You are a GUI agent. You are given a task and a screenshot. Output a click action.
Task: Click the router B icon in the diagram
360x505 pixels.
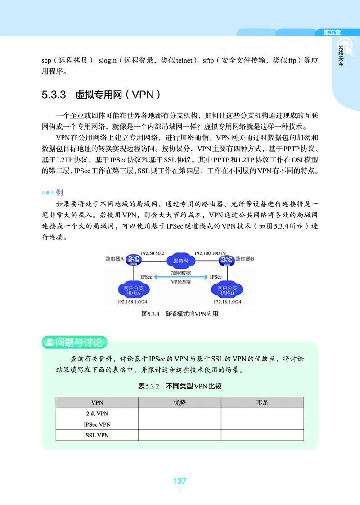(x=226, y=259)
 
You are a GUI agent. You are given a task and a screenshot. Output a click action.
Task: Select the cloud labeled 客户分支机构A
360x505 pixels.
(x=134, y=290)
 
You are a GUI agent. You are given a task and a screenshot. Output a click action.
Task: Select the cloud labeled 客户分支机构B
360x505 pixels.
(x=227, y=290)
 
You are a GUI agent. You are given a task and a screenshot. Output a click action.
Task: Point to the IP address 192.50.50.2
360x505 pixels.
(x=153, y=253)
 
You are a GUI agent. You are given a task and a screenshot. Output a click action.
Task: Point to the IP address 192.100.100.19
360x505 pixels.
(x=210, y=253)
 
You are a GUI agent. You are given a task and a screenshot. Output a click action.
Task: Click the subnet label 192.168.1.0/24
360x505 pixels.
(x=133, y=302)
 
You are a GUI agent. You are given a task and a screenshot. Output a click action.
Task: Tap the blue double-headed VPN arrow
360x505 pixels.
(x=180, y=277)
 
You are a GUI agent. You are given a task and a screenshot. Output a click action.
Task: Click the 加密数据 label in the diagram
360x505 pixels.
(x=180, y=273)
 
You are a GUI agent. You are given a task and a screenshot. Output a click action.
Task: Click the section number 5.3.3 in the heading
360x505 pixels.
(x=54, y=95)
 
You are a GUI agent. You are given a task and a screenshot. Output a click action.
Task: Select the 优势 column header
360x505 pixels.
(x=180, y=402)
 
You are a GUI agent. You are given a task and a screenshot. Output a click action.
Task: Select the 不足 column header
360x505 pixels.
(x=262, y=402)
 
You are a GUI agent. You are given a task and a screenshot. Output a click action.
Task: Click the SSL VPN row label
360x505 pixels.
(x=97, y=435)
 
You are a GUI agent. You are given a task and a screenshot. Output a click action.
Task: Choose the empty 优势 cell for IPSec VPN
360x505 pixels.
(x=180, y=424)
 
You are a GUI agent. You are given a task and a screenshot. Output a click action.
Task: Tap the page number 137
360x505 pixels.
(x=180, y=481)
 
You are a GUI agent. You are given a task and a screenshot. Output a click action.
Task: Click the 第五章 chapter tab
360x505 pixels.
(x=332, y=32)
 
